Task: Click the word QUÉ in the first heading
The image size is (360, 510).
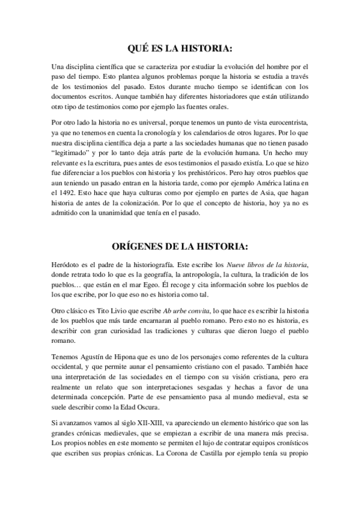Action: coord(139,48)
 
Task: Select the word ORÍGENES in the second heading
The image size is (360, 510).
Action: coord(139,247)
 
